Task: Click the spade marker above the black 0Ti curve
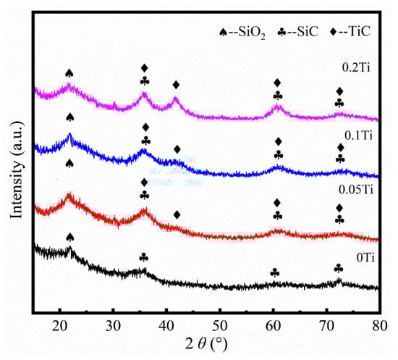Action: (x=69, y=237)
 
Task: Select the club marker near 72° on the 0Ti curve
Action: (x=338, y=268)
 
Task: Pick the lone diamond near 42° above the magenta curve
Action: (x=176, y=85)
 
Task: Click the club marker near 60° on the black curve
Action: (x=274, y=272)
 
